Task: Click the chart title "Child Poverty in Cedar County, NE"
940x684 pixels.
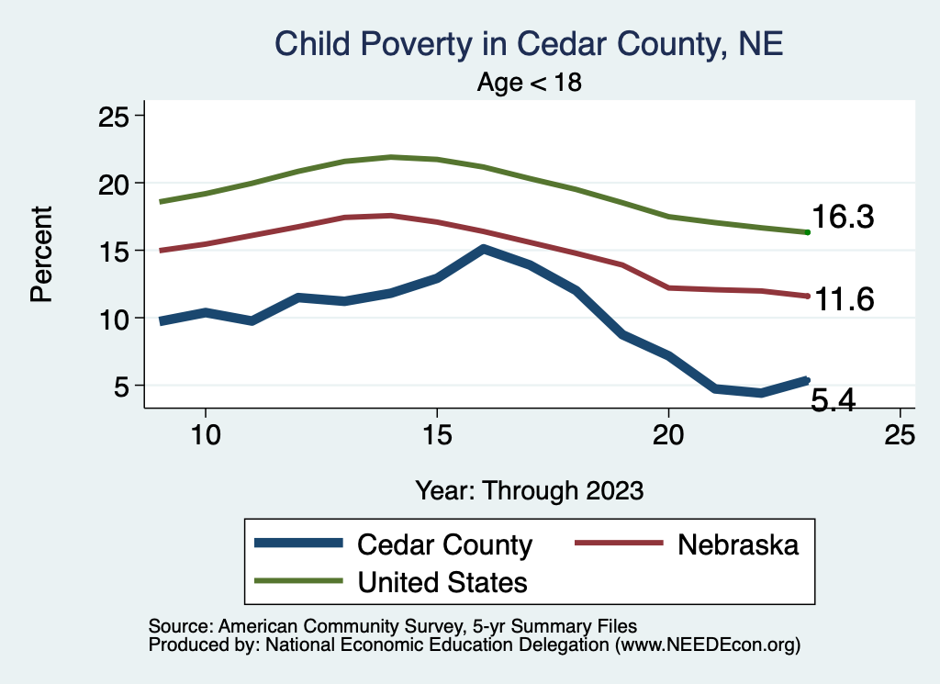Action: point(529,44)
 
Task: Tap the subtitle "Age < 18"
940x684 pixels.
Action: point(529,83)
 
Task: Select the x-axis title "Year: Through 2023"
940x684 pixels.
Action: point(529,489)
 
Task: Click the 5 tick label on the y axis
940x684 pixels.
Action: point(123,386)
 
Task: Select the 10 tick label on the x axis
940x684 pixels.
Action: point(205,434)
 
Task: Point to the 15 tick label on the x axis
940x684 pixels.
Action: point(436,434)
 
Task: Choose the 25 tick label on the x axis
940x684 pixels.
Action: point(900,434)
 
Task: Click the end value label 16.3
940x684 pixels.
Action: point(842,219)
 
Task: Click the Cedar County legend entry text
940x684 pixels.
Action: point(444,544)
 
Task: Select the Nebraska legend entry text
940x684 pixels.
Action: point(738,544)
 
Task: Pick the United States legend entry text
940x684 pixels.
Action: point(442,581)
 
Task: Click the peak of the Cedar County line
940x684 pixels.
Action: point(484,249)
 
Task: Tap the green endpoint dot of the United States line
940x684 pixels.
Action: point(807,232)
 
